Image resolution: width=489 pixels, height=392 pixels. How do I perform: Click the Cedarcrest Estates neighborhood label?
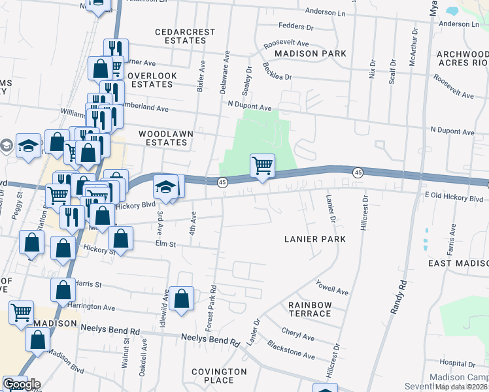coord(180,36)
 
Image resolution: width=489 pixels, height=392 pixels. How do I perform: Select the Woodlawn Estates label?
coord(165,138)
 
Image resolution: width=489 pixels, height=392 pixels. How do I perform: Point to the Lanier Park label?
coord(315,239)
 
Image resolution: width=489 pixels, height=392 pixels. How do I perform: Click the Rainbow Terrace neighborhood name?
coord(310,310)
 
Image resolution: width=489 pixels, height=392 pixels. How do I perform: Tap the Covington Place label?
coord(219,376)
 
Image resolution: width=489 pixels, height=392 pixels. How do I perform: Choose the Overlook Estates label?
coord(152,80)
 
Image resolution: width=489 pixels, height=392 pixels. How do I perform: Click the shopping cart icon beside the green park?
coord(262,166)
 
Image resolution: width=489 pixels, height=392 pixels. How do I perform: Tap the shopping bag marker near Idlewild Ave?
coord(181,299)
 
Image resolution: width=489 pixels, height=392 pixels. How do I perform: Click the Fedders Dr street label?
coord(296,26)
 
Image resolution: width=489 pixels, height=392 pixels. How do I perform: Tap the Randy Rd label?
coord(399,297)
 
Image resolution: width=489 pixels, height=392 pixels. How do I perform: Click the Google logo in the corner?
coord(21,384)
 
